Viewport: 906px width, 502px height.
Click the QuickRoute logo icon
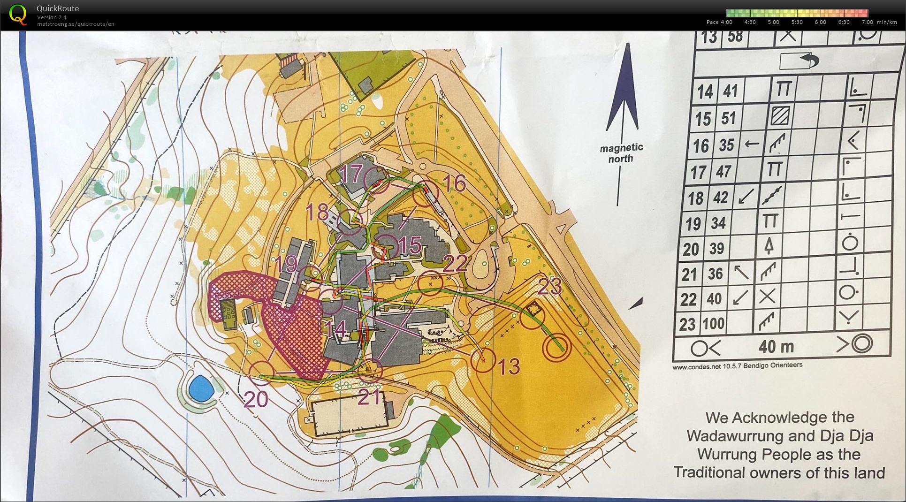[18, 14]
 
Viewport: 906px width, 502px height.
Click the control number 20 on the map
[256, 399]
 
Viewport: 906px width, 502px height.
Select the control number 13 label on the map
[509, 366]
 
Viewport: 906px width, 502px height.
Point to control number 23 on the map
[549, 286]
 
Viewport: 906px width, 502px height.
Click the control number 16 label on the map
[454, 183]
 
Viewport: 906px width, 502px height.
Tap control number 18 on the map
[317, 212]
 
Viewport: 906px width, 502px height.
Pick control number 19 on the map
[286, 264]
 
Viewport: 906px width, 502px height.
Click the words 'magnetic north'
[621, 153]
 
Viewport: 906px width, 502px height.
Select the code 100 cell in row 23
[714, 323]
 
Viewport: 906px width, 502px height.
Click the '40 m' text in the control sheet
[776, 347]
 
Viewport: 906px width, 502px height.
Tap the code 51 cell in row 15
[728, 118]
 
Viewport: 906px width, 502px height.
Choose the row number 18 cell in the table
[695, 198]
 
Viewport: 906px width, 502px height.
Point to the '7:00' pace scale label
[867, 22]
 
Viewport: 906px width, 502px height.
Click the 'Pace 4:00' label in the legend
[719, 22]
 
